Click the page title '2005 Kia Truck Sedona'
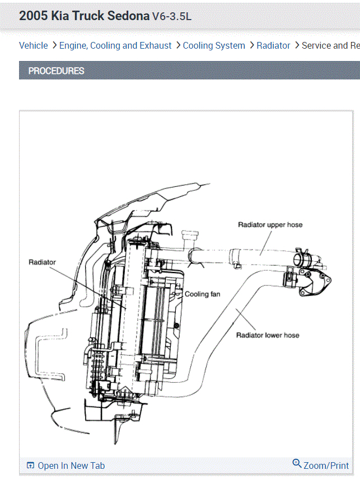tap(84, 16)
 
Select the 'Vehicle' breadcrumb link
tap(34, 46)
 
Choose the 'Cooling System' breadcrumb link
tap(214, 46)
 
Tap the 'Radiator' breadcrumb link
tap(273, 46)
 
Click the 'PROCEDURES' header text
tap(56, 71)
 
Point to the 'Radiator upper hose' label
tap(270, 225)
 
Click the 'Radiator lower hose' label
tap(268, 336)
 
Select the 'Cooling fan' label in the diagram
tap(203, 294)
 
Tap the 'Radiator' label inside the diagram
tap(42, 262)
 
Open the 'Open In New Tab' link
tap(71, 466)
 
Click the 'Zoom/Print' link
tap(326, 466)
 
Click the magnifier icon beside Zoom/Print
tap(297, 464)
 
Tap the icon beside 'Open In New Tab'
tap(31, 466)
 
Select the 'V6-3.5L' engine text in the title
tap(172, 16)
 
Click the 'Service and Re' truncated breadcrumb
tap(330, 46)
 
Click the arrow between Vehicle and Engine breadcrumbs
tap(54, 46)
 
